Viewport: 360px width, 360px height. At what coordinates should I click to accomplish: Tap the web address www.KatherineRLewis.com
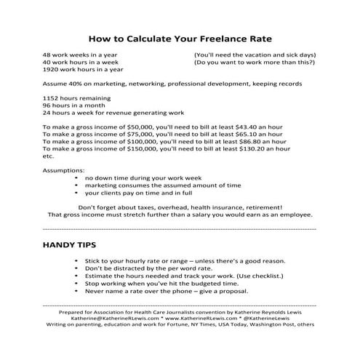click(x=201, y=318)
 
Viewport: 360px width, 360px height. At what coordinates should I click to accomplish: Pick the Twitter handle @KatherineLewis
click(x=276, y=318)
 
